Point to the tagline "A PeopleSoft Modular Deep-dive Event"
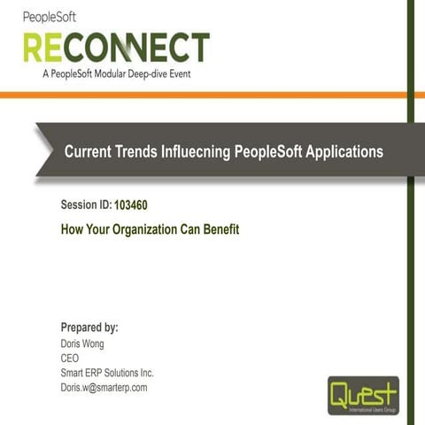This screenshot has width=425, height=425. pos(116,74)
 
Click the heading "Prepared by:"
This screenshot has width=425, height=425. pos(89,327)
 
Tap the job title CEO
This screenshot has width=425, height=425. pos(70,358)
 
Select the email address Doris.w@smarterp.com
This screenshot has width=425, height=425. pos(104,387)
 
